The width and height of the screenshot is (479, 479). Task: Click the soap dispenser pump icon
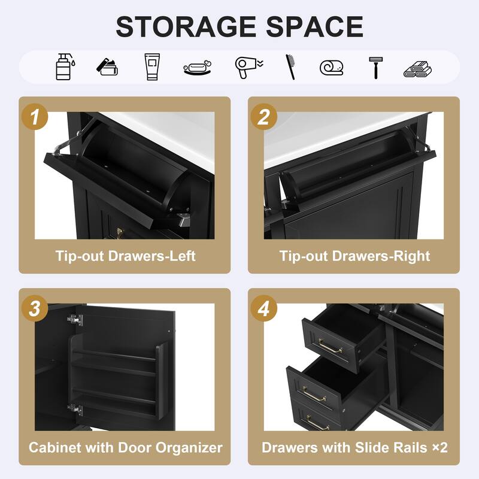pos(65,66)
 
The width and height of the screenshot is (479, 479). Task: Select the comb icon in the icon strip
pos(290,66)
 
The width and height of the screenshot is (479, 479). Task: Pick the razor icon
pos(375,66)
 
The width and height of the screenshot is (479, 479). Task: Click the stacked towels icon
pos(417,67)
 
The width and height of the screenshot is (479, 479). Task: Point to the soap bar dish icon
pos(198,67)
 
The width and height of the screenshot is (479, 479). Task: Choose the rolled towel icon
pos(332,66)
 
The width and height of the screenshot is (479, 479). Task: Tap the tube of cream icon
pos(153,66)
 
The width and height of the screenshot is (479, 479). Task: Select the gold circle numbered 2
pos(263,117)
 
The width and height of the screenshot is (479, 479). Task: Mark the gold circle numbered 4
pos(263,309)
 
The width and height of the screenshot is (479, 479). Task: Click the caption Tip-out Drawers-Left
pos(126,256)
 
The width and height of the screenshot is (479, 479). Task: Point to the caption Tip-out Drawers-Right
pos(354,256)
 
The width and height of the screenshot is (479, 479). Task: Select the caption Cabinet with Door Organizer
pos(126,447)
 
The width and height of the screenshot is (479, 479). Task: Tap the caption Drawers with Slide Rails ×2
pos(354,447)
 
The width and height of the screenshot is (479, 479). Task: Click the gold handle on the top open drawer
pos(330,346)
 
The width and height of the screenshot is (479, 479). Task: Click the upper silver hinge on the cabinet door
pos(74,320)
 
